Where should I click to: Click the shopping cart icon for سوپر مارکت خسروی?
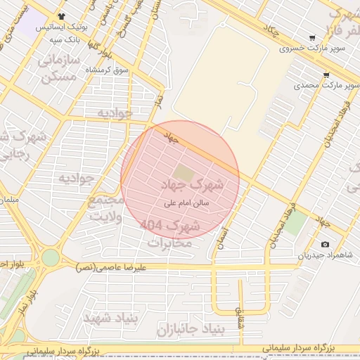(311, 38)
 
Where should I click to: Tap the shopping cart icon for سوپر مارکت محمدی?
(326, 75)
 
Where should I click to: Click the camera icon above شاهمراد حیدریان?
(324, 245)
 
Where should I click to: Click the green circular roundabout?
(50, 258)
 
